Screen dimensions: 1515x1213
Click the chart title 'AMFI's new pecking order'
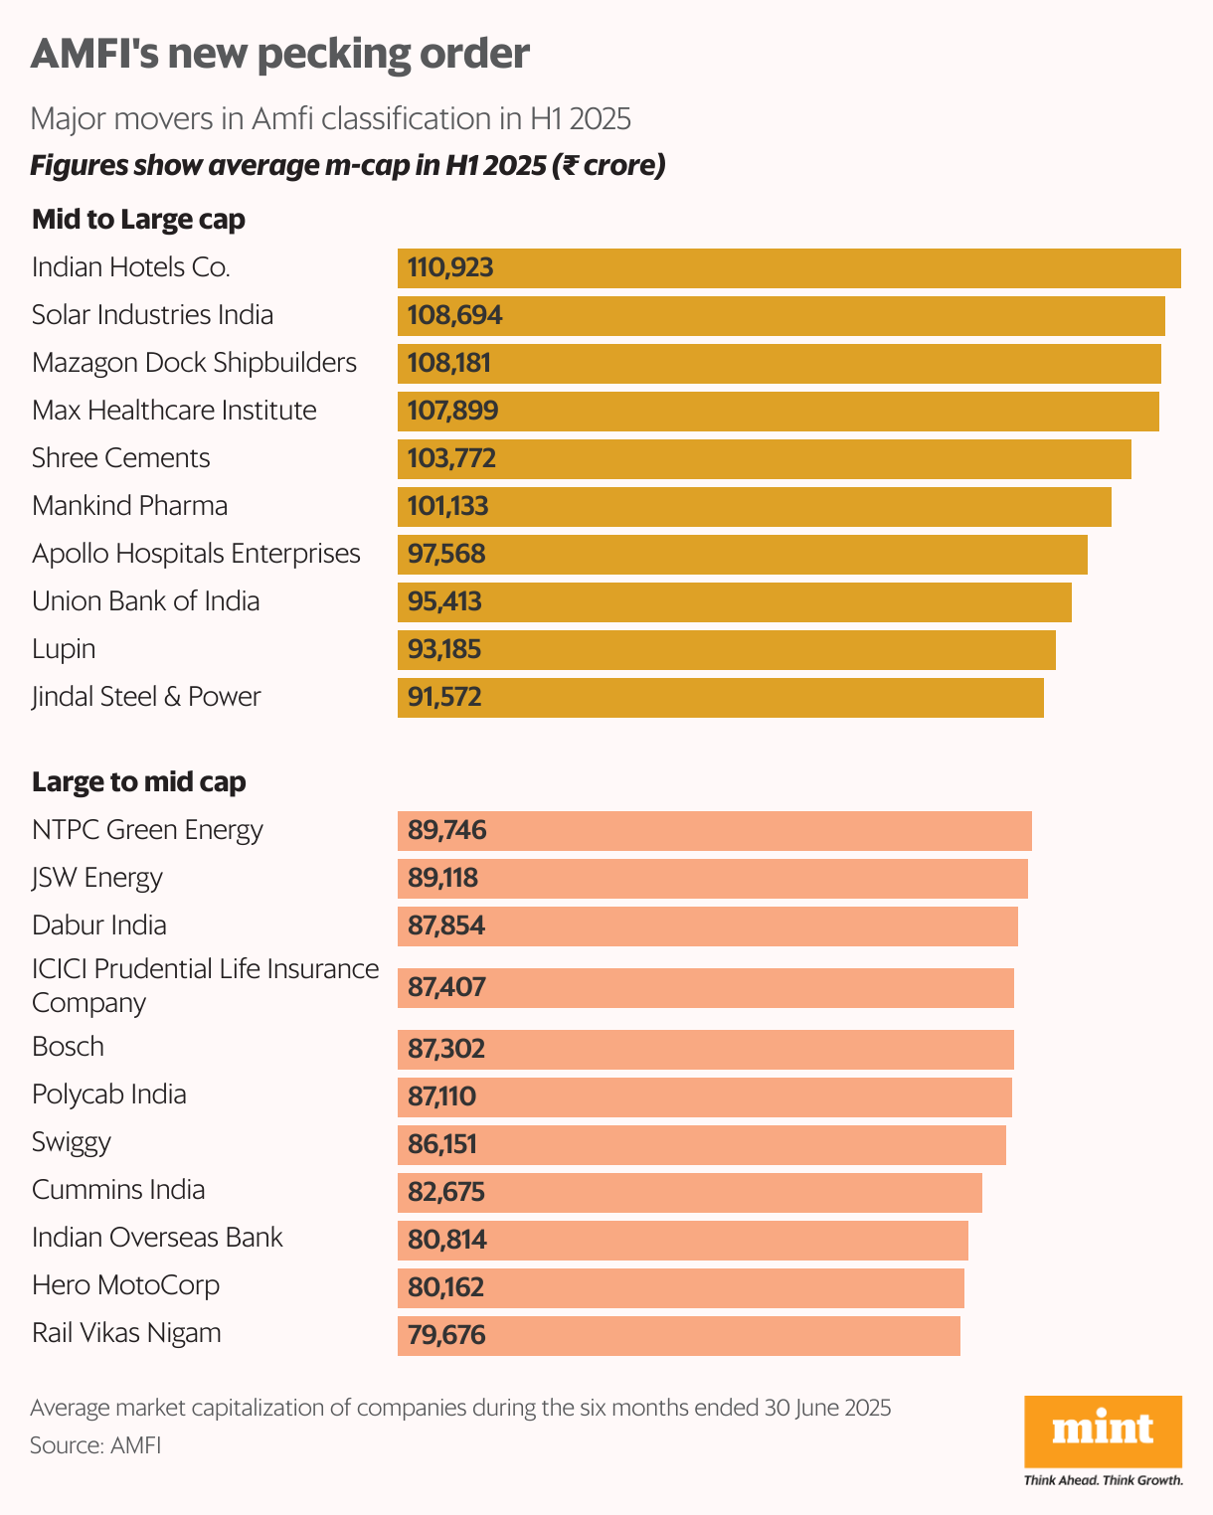click(279, 54)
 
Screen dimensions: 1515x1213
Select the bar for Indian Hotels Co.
click(788, 268)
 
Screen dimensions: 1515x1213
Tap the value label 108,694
click(454, 316)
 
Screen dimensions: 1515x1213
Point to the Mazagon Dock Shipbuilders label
click(194, 363)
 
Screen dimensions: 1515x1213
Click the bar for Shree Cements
click(764, 459)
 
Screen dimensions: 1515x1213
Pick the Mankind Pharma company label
click(129, 506)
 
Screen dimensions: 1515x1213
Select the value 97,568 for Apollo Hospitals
click(446, 554)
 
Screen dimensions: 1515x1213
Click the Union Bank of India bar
click(734, 602)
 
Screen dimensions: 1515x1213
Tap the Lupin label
click(64, 649)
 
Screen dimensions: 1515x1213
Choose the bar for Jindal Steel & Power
click(720, 698)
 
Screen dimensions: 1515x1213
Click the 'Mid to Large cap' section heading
click(138, 220)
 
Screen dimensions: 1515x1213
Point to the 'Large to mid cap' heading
click(138, 782)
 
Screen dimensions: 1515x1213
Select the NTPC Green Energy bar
click(714, 831)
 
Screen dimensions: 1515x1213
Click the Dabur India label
click(99, 926)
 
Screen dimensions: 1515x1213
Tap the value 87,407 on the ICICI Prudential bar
click(446, 987)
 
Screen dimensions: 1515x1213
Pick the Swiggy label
click(72, 1142)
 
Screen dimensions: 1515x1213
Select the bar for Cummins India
click(689, 1193)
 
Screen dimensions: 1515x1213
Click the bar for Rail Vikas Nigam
click(678, 1336)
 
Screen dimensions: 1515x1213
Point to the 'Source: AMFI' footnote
click(95, 1445)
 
